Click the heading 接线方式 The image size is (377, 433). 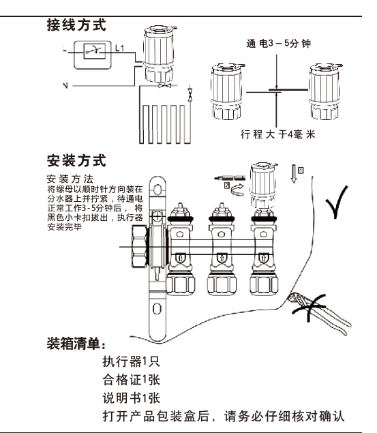pyautogui.click(x=76, y=25)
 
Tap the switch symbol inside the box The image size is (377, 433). pyautogui.click(x=95, y=51)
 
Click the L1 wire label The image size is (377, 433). pyautogui.click(x=119, y=48)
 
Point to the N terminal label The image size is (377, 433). pyautogui.click(x=65, y=86)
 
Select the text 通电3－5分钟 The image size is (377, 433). pyautogui.click(x=279, y=44)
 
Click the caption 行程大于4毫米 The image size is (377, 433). pyautogui.click(x=277, y=134)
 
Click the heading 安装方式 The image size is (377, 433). pyautogui.click(x=76, y=160)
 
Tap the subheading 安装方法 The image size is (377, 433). pyautogui.click(x=70, y=179)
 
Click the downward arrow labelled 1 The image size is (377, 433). pyautogui.click(x=294, y=174)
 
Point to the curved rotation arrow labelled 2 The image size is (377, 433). pyautogui.click(x=237, y=190)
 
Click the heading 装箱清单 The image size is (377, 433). pyautogui.click(x=76, y=344)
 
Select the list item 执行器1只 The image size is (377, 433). pyautogui.click(x=132, y=361)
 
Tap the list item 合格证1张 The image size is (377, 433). pyautogui.click(x=132, y=379)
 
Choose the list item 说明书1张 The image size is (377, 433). pyautogui.click(x=132, y=398)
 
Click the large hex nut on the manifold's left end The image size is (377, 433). pyautogui.click(x=139, y=247)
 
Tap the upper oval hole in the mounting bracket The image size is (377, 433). pyautogui.click(x=157, y=190)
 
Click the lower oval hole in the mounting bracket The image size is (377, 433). pyautogui.click(x=157, y=309)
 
